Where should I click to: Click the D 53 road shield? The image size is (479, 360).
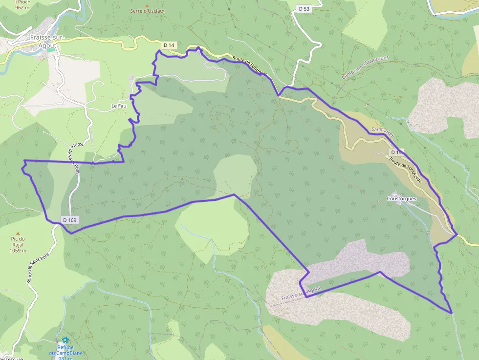tap(304, 9)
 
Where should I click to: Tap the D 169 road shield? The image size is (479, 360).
tap(70, 220)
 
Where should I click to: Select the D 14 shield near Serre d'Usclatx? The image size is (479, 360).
tap(169, 45)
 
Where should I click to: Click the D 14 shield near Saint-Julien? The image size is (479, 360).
tap(396, 152)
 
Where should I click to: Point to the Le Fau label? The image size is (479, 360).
tap(119, 106)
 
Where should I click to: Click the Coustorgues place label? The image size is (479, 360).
tap(401, 198)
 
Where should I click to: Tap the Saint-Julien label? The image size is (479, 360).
tap(382, 130)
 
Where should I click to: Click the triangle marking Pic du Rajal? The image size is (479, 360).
tap(18, 233)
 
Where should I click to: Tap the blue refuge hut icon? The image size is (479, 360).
tap(65, 340)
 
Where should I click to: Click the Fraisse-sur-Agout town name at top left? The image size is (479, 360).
tap(44, 41)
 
